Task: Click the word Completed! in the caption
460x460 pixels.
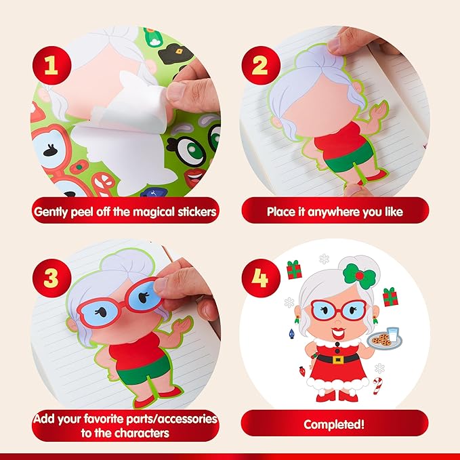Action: pos(335,425)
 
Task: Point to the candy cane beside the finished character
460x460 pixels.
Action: pos(377,387)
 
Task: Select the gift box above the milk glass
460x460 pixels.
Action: pos(390,297)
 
